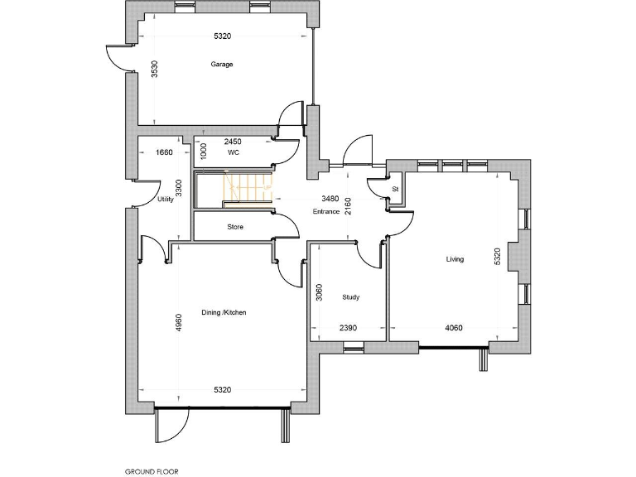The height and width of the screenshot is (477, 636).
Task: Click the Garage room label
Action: point(221,64)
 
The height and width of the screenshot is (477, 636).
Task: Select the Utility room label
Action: point(164,200)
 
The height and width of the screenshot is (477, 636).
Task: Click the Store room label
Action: point(235,226)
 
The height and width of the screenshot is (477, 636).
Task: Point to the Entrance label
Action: point(326,212)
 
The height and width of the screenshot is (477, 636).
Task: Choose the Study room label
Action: point(350,296)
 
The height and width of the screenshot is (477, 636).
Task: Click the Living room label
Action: point(455,259)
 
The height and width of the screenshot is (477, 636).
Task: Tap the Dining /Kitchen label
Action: point(224,312)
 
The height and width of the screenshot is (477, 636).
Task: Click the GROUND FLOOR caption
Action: point(152,471)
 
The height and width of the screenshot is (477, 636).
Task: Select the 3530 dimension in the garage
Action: point(155,70)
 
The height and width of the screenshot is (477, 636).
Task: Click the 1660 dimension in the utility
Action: point(164,152)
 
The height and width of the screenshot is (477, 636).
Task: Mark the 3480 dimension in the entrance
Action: point(330,199)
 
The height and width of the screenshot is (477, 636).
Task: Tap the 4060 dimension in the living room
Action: point(454,328)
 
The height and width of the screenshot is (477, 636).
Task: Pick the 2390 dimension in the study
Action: point(348,328)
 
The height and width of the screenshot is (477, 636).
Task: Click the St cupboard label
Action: point(396,190)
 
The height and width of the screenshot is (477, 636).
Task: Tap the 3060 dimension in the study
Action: point(319,292)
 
